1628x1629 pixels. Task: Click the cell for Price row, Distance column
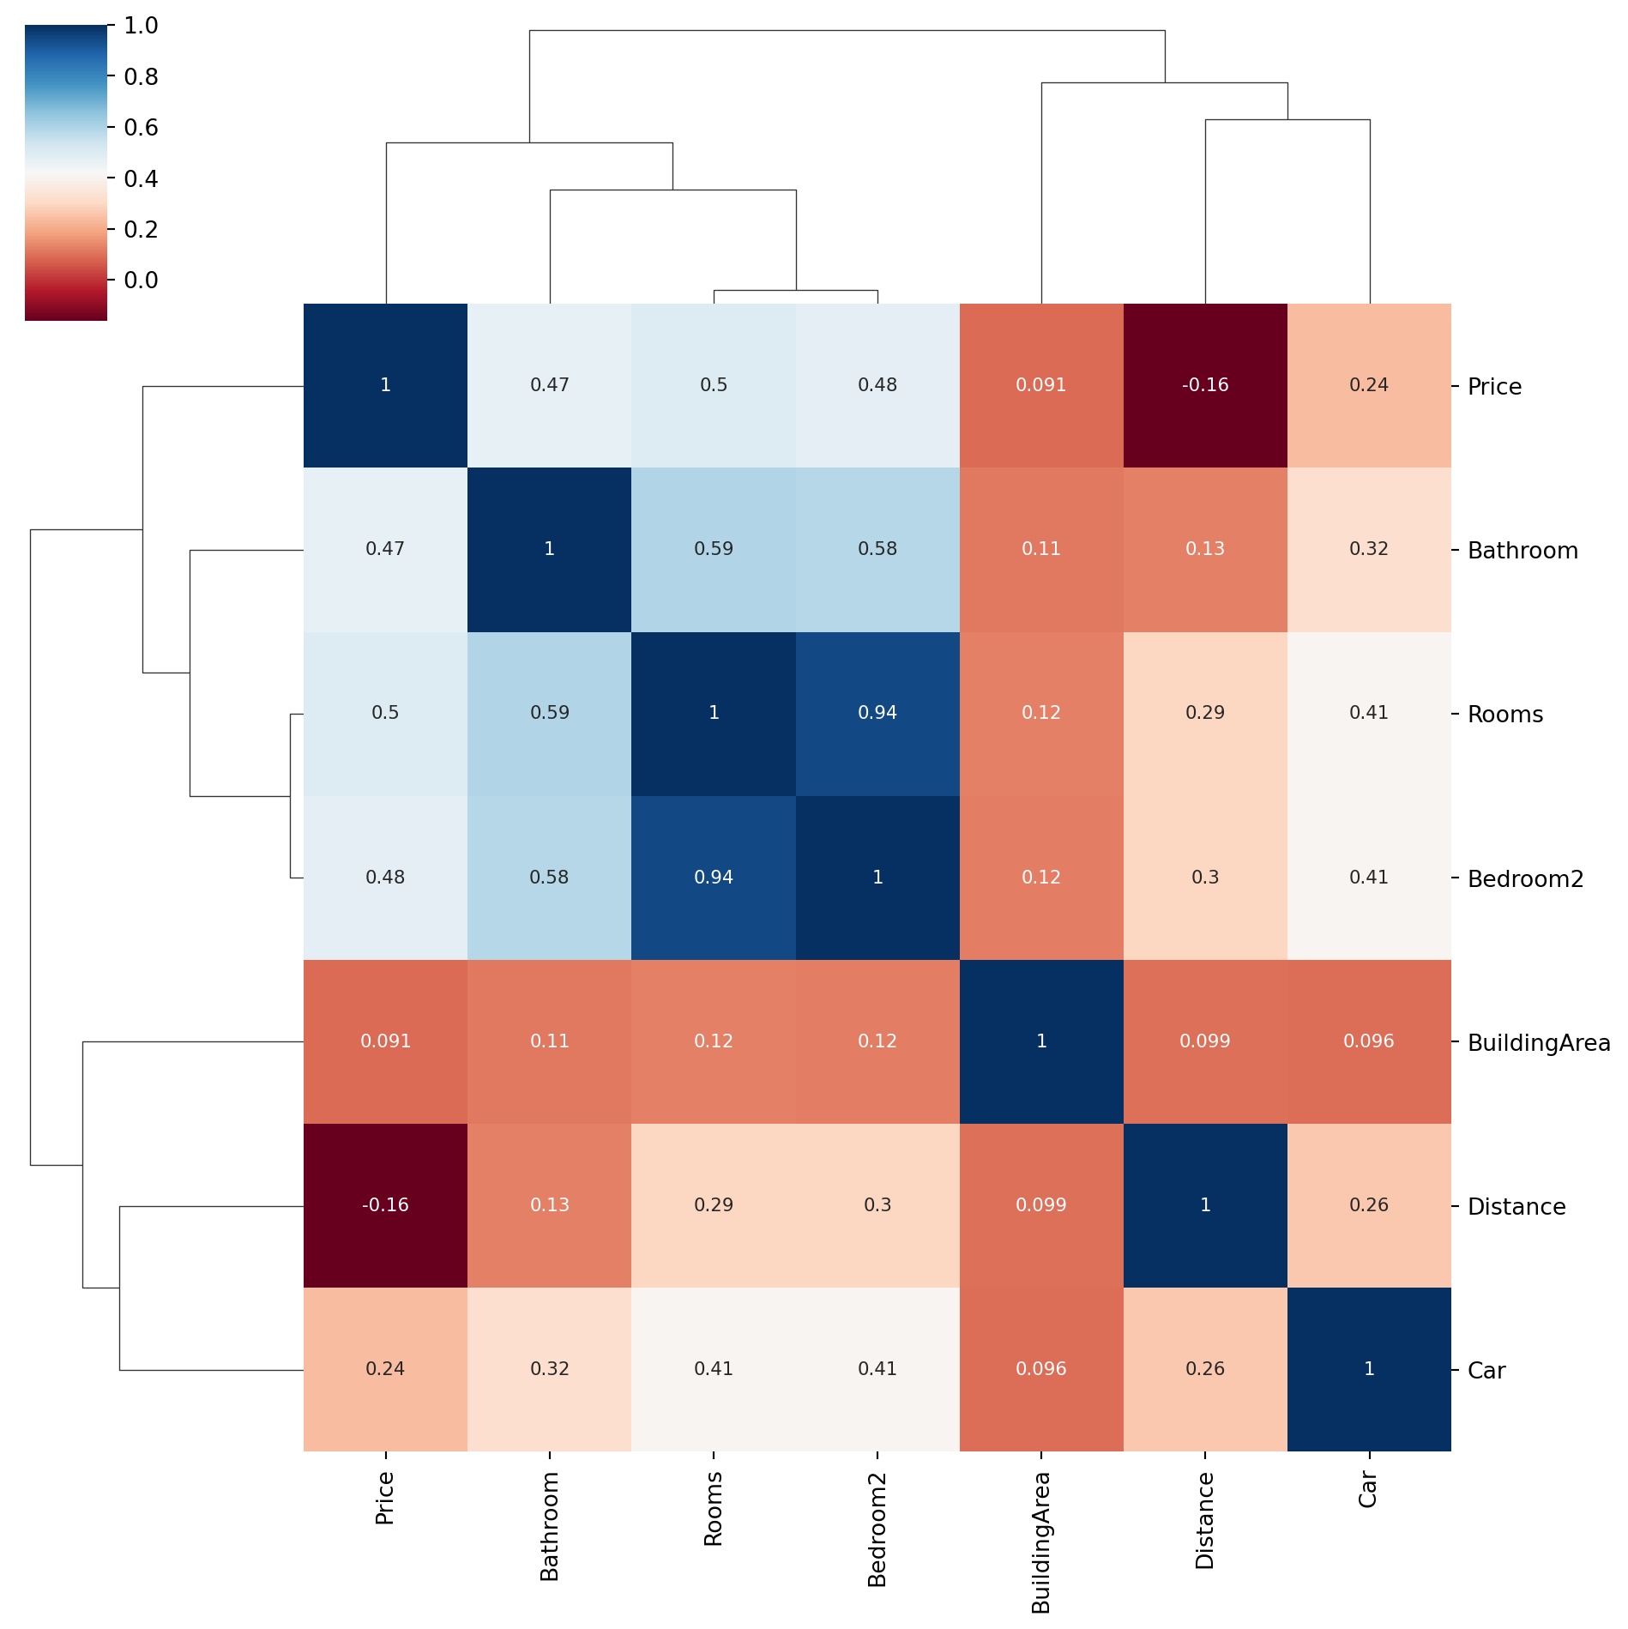(1205, 385)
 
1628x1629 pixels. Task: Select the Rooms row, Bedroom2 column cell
(877, 714)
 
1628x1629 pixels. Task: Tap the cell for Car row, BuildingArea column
(1041, 1369)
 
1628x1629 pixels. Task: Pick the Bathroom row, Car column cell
(1369, 550)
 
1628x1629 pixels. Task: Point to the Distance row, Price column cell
(385, 1205)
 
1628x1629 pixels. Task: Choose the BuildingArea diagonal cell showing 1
(1041, 1041)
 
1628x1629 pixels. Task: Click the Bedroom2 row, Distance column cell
(1205, 878)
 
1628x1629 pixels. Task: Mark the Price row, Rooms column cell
(714, 385)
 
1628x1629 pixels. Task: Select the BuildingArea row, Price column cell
(385, 1041)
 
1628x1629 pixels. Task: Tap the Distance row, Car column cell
(1369, 1205)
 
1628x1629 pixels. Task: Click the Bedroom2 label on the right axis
(1525, 879)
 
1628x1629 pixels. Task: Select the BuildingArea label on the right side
(1539, 1043)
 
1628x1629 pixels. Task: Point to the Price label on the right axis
(1494, 387)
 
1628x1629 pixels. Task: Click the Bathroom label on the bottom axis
(550, 1526)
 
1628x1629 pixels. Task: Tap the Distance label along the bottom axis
(1205, 1520)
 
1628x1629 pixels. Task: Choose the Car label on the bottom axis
(1369, 1489)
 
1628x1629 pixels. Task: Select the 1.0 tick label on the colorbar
(141, 26)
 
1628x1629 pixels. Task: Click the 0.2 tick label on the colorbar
(141, 229)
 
